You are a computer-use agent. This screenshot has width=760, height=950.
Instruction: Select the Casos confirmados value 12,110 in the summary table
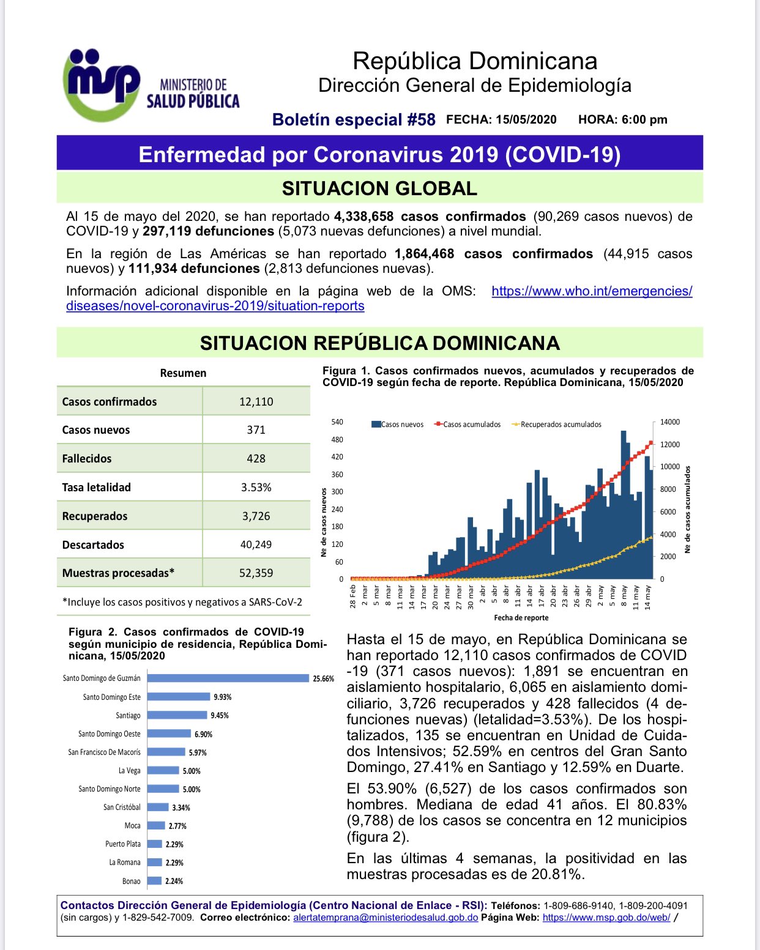click(256, 402)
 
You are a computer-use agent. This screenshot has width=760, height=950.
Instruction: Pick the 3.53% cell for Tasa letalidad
click(256, 488)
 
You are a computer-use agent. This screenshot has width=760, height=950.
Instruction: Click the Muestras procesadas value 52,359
click(256, 573)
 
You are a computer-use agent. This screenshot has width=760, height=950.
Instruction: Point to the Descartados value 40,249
click(256, 544)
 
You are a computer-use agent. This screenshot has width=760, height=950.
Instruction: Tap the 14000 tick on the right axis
click(670, 422)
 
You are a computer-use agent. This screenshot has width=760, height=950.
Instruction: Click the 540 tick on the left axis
click(337, 422)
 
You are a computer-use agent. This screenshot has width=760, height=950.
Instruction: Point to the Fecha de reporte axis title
click(521, 618)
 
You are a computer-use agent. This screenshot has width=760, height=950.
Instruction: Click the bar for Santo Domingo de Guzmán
click(228, 678)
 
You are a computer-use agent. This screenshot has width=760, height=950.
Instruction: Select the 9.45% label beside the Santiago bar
click(220, 716)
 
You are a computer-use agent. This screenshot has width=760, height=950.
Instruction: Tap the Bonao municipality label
click(131, 881)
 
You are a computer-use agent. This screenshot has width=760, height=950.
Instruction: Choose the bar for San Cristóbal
click(158, 807)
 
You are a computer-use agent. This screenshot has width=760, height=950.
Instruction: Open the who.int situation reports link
click(592, 292)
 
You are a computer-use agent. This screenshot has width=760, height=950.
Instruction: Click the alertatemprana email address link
click(386, 918)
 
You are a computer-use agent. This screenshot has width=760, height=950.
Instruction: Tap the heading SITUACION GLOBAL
click(379, 188)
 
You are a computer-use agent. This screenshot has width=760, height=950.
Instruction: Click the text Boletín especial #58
click(354, 120)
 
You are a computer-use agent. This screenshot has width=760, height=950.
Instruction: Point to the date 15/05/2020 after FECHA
click(526, 120)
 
